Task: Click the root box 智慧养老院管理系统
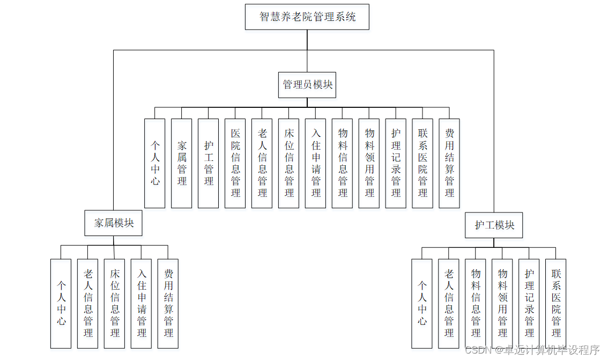pos(307,17)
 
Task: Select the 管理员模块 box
pos(307,85)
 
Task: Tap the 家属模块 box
pos(114,223)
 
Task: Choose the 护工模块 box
pos(494,225)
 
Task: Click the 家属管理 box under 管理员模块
pos(182,163)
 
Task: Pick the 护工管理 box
pos(209,163)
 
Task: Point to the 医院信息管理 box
pos(235,163)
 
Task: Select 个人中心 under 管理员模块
pos(155,163)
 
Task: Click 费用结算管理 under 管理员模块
pos(449,163)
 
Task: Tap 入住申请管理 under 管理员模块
pos(316,163)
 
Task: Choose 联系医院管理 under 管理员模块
pos(422,163)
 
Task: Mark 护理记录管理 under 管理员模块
pos(396,163)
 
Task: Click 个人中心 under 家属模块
pos(61,303)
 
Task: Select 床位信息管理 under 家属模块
pos(115,303)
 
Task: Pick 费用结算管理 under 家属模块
pos(168,303)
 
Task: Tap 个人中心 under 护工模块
pos(422,303)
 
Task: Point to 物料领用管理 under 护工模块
pos(502,303)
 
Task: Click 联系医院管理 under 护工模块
pos(556,303)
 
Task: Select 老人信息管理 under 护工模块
pos(449,303)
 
